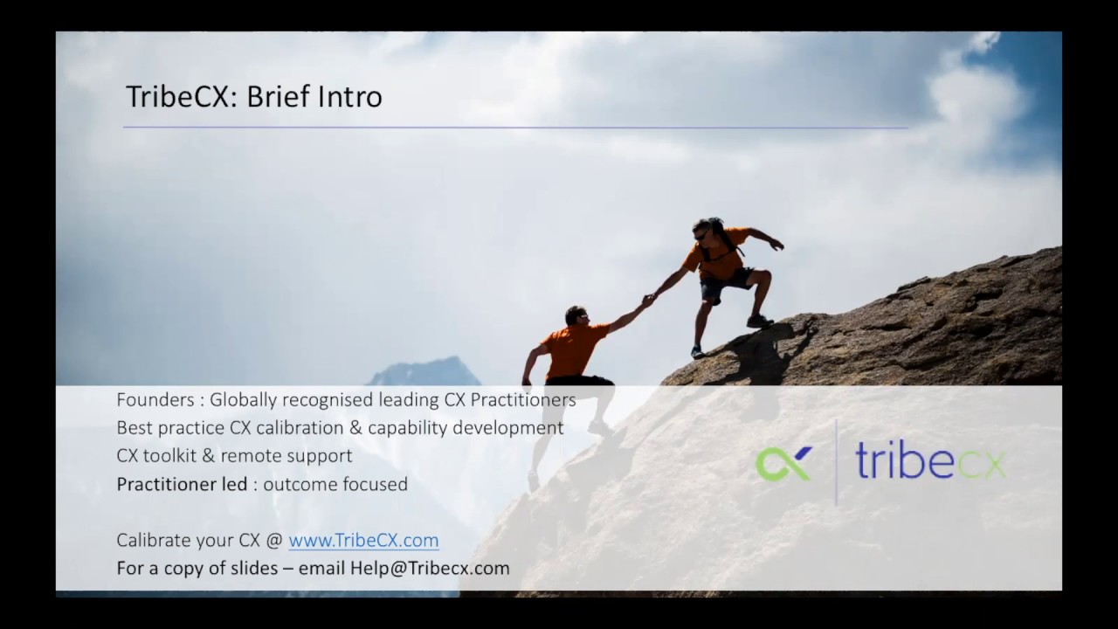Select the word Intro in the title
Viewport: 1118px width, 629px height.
[x=351, y=97]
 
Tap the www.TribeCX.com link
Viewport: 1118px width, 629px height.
[x=363, y=541]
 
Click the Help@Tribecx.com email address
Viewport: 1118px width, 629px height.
[x=430, y=568]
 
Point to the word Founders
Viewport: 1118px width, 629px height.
[x=154, y=400]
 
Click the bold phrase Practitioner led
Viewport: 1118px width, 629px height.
[x=182, y=484]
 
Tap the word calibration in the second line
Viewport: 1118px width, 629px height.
[x=302, y=428]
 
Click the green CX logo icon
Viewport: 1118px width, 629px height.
[x=783, y=463]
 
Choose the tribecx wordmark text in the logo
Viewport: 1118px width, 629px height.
[x=930, y=461]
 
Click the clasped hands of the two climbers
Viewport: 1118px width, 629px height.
[x=648, y=301]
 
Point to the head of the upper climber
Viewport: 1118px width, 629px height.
[x=702, y=231]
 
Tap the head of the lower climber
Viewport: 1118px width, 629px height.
[x=575, y=314]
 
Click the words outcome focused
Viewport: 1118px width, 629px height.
[x=335, y=484]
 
